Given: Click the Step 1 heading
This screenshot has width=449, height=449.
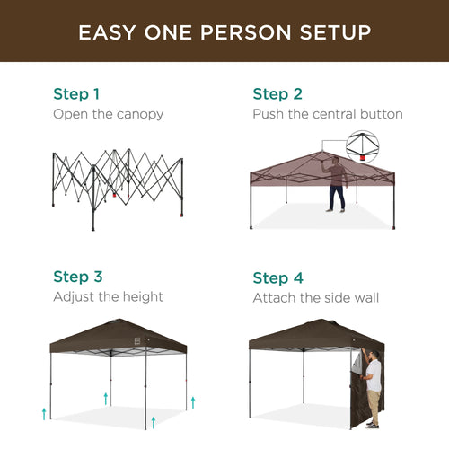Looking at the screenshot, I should [76, 93].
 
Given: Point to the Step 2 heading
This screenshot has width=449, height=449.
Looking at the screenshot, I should [277, 93].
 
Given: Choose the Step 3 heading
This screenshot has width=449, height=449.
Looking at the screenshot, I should [77, 277].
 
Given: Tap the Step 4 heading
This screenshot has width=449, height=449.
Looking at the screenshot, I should [277, 277].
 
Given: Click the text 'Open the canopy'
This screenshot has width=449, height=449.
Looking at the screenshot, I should [109, 114].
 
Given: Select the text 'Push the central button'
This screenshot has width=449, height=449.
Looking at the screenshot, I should [327, 114].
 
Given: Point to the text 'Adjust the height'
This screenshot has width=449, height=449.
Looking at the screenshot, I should [108, 297].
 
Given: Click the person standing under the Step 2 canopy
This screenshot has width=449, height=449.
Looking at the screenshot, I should [337, 184].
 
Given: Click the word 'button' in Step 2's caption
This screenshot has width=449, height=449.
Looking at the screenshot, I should [383, 114].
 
